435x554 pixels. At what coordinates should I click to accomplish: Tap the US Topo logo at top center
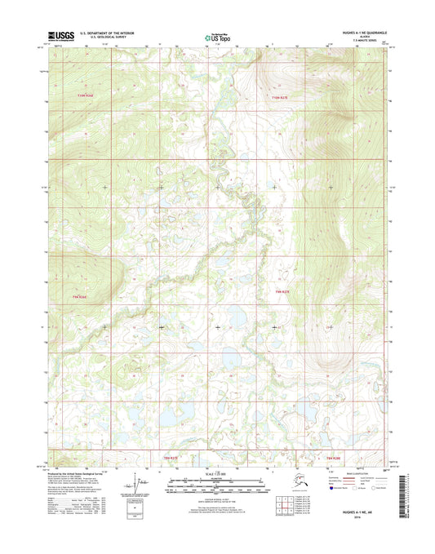click(217, 36)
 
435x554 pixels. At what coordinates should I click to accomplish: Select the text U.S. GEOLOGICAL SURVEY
click(105, 36)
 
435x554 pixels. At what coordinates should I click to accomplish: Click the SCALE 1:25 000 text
click(217, 474)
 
